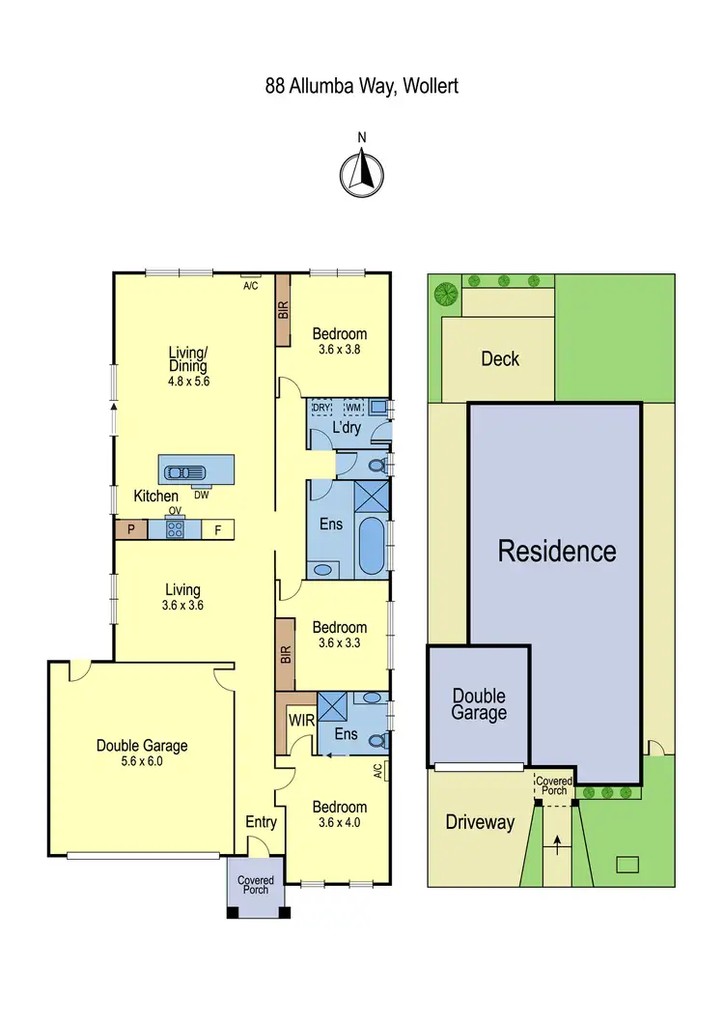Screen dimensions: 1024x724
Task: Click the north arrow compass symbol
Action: click(362, 173)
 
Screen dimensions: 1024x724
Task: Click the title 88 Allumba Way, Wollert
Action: click(361, 86)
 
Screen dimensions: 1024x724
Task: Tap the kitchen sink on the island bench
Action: click(184, 472)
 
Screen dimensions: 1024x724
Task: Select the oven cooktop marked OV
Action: click(175, 529)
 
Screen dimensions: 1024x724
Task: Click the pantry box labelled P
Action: click(128, 529)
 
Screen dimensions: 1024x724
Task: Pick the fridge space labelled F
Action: click(217, 529)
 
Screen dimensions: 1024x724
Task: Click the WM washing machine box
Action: click(353, 409)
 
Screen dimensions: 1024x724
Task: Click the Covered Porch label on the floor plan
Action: click(256, 885)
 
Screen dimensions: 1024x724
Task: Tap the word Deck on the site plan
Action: click(500, 358)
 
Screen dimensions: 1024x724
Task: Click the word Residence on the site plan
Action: click(557, 551)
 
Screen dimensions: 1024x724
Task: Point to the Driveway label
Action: click(480, 822)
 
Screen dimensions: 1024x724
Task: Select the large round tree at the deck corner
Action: click(445, 292)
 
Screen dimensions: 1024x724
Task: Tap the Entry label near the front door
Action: click(261, 822)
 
